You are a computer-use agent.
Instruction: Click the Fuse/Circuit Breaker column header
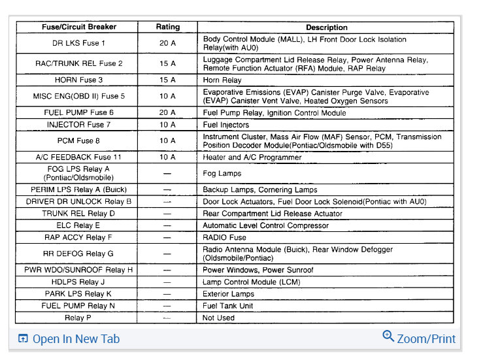[78, 27]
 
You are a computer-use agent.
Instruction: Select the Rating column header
[168, 27]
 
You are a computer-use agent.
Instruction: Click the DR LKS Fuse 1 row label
[78, 43]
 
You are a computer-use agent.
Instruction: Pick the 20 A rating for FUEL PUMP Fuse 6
[168, 112]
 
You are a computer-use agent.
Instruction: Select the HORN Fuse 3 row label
[78, 80]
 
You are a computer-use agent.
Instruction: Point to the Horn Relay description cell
[222, 80]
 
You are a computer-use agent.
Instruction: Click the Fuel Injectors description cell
[225, 124]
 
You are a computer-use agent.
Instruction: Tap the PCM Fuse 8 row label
[78, 140]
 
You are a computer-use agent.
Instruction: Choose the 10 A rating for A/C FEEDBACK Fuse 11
[168, 157]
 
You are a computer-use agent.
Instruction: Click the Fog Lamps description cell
[222, 173]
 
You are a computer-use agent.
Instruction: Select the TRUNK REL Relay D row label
[78, 214]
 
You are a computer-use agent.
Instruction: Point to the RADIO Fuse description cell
[224, 238]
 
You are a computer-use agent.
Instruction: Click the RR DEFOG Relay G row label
[78, 254]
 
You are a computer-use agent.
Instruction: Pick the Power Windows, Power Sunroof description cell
[258, 270]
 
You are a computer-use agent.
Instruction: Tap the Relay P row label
[78, 318]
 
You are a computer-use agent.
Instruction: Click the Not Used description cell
[219, 318]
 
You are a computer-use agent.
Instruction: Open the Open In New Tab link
[76, 338]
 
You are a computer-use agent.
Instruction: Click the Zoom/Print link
[426, 338]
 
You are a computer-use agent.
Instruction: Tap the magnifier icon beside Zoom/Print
[388, 336]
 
